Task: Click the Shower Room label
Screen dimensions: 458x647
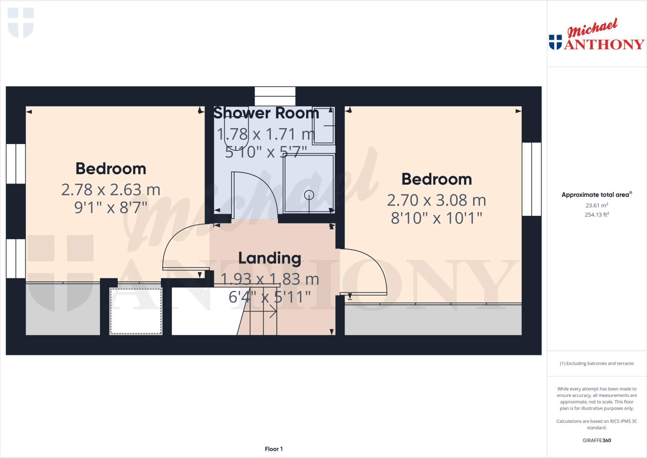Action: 266,113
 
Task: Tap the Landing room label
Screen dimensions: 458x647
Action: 269,258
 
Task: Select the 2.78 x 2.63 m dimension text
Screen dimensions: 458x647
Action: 111,190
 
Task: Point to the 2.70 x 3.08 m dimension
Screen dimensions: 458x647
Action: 436,200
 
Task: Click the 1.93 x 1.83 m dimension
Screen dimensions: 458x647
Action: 269,279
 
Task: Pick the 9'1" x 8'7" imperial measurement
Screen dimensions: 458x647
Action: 111,208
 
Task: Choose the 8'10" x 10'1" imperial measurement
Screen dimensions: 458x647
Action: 436,218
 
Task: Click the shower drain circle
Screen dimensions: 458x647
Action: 309,195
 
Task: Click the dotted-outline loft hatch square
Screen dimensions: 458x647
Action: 136,311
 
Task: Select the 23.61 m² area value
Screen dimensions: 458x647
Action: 597,205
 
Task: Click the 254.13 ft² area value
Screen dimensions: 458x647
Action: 597,215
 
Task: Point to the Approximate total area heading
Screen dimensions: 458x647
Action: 596,195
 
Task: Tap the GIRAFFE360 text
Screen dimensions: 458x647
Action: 597,440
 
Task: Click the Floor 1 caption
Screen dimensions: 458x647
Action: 274,449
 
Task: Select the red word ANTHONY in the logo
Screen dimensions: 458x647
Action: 604,45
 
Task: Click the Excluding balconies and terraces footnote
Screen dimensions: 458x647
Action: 597,363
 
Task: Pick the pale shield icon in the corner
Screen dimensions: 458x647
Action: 21,22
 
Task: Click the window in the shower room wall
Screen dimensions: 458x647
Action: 275,96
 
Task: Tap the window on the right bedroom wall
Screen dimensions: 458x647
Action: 532,179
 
